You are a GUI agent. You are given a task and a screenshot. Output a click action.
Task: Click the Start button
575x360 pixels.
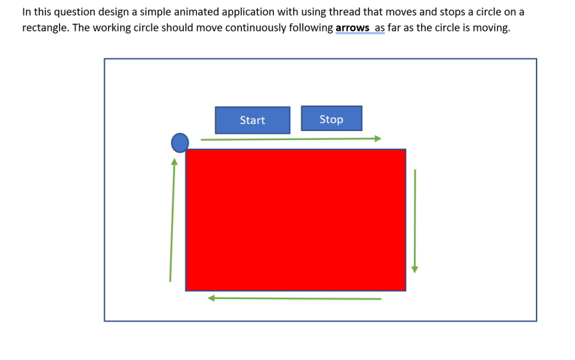(x=253, y=120)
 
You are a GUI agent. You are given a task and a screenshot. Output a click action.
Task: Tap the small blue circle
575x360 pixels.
(x=180, y=143)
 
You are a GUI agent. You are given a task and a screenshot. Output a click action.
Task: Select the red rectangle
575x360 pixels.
(x=295, y=219)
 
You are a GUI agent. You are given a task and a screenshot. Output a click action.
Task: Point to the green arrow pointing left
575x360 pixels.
(x=294, y=298)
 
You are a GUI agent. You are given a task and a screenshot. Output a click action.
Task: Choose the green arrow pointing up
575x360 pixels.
(x=172, y=219)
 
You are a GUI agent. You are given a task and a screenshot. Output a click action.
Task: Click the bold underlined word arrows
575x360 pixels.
(x=352, y=28)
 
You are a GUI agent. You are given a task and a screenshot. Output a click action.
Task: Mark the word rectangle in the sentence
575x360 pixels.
(x=45, y=28)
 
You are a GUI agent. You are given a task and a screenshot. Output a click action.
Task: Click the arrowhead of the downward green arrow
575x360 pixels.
(x=414, y=269)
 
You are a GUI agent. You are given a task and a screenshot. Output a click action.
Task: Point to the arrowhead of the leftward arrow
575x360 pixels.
(x=211, y=298)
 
